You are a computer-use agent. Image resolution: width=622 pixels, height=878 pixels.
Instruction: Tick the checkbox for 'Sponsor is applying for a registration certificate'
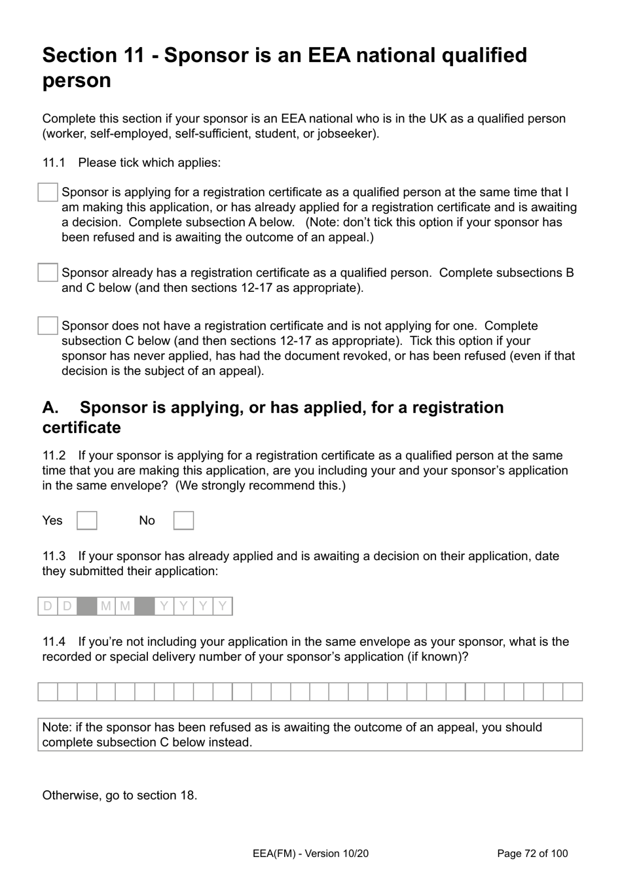coord(48,192)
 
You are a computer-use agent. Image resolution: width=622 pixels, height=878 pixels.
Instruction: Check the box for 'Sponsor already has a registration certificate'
coord(48,273)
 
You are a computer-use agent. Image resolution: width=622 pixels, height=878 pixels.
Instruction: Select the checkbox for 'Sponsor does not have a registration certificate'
coord(48,326)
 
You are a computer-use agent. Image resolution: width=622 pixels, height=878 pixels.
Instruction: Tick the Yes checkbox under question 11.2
coord(87,521)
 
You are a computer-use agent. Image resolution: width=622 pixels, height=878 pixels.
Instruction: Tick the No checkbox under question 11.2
coord(183,521)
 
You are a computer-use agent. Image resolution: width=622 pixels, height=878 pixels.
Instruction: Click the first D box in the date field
coord(48,606)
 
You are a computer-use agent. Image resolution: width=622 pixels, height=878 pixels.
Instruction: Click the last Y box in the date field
coord(223,606)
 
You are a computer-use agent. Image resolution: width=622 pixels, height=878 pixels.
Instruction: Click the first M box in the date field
coord(105,606)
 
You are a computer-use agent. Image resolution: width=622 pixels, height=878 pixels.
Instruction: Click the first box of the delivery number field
coord(48,692)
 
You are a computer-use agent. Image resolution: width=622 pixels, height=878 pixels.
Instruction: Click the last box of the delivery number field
coord(572,692)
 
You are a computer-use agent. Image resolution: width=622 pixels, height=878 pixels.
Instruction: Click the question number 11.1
coord(54,163)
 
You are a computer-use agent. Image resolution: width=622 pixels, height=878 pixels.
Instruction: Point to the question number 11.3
coord(54,556)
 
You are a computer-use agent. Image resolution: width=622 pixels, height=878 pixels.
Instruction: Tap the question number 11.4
coord(54,642)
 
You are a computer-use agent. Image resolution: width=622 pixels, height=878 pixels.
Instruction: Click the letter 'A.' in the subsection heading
coord(51,408)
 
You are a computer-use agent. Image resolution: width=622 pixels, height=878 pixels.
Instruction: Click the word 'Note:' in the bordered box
coord(57,728)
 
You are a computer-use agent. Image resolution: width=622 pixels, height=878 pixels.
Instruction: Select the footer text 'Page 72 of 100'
coord(532,853)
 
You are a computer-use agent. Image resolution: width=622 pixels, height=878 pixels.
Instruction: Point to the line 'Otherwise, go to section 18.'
coord(120,796)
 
